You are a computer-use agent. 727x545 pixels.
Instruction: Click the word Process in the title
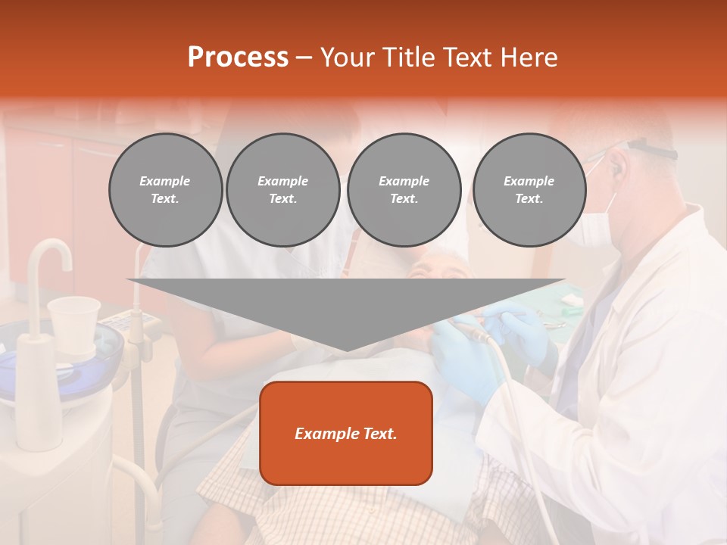238,58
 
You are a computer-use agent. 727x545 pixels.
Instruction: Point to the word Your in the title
347,58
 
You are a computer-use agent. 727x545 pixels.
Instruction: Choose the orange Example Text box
346,433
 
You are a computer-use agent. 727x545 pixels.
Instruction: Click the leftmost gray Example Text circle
165,190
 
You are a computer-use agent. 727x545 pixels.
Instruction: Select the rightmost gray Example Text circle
529,190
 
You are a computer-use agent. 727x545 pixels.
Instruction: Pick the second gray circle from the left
283,190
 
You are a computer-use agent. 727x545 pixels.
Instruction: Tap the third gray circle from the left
404,190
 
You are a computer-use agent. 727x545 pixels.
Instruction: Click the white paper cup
73,322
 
